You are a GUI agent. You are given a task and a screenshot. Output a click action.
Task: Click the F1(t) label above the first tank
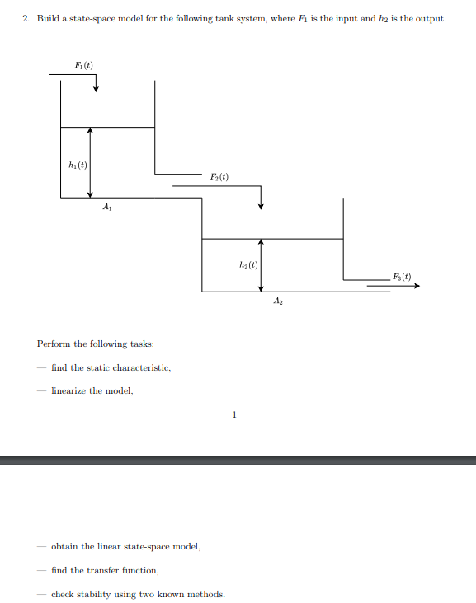point(83,65)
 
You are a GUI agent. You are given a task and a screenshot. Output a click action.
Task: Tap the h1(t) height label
point(78,165)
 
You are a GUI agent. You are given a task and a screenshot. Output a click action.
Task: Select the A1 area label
point(107,207)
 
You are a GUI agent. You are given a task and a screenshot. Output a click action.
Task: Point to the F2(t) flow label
point(219,177)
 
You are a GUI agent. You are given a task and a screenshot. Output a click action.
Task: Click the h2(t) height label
point(248,265)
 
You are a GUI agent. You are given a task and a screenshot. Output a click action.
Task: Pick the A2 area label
point(278,301)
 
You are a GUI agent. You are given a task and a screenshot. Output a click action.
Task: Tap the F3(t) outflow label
point(402,277)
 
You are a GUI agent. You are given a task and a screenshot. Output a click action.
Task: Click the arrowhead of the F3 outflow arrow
point(417,286)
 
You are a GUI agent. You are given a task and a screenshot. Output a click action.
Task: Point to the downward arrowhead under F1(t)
point(96,89)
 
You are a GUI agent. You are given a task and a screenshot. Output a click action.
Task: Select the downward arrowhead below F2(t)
point(261,206)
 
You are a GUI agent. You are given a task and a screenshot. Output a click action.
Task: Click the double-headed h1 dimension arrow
point(90,162)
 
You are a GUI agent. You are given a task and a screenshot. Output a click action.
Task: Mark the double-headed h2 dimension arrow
point(261,265)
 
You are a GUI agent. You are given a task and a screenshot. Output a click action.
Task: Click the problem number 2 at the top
point(26,18)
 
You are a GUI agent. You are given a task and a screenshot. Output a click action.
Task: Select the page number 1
point(234,414)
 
